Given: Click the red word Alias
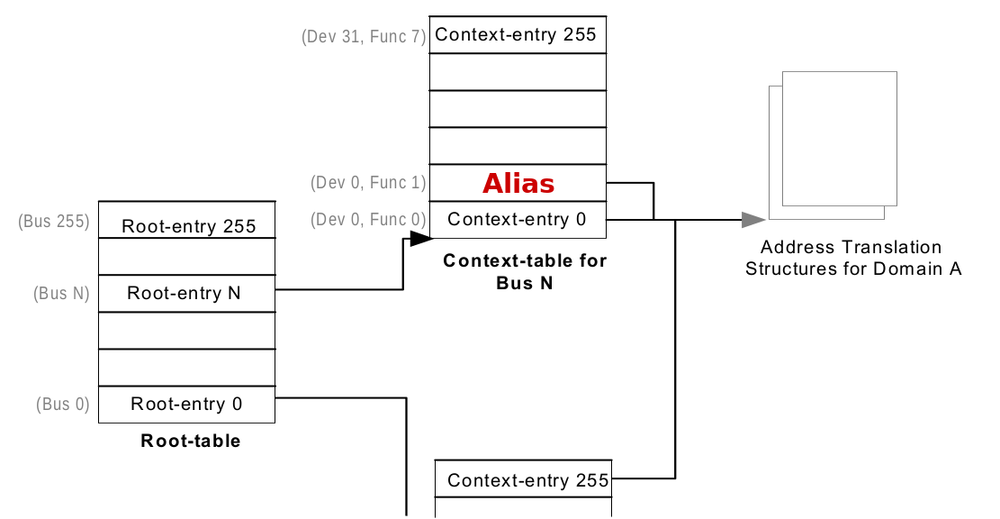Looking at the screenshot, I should [518, 184].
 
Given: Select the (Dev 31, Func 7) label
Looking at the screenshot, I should [364, 38].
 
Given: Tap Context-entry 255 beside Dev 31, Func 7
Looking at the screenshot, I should [516, 35].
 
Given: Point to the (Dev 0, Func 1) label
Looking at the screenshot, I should [368, 183].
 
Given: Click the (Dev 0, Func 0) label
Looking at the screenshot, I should [368, 219].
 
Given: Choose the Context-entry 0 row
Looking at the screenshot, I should [517, 220].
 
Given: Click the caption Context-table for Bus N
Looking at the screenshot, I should [525, 271].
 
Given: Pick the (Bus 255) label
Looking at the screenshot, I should [54, 221].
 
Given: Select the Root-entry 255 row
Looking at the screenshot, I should [188, 226].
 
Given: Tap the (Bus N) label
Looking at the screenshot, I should [61, 293].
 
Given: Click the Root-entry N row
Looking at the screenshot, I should [183, 293].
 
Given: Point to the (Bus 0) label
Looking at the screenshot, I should [63, 404].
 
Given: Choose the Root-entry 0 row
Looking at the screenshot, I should [186, 404].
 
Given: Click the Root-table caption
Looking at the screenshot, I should [190, 441].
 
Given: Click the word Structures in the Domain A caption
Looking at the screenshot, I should [788, 269].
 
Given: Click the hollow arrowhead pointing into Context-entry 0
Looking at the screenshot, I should [421, 239].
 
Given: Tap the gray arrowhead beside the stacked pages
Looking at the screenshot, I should [752, 220].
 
